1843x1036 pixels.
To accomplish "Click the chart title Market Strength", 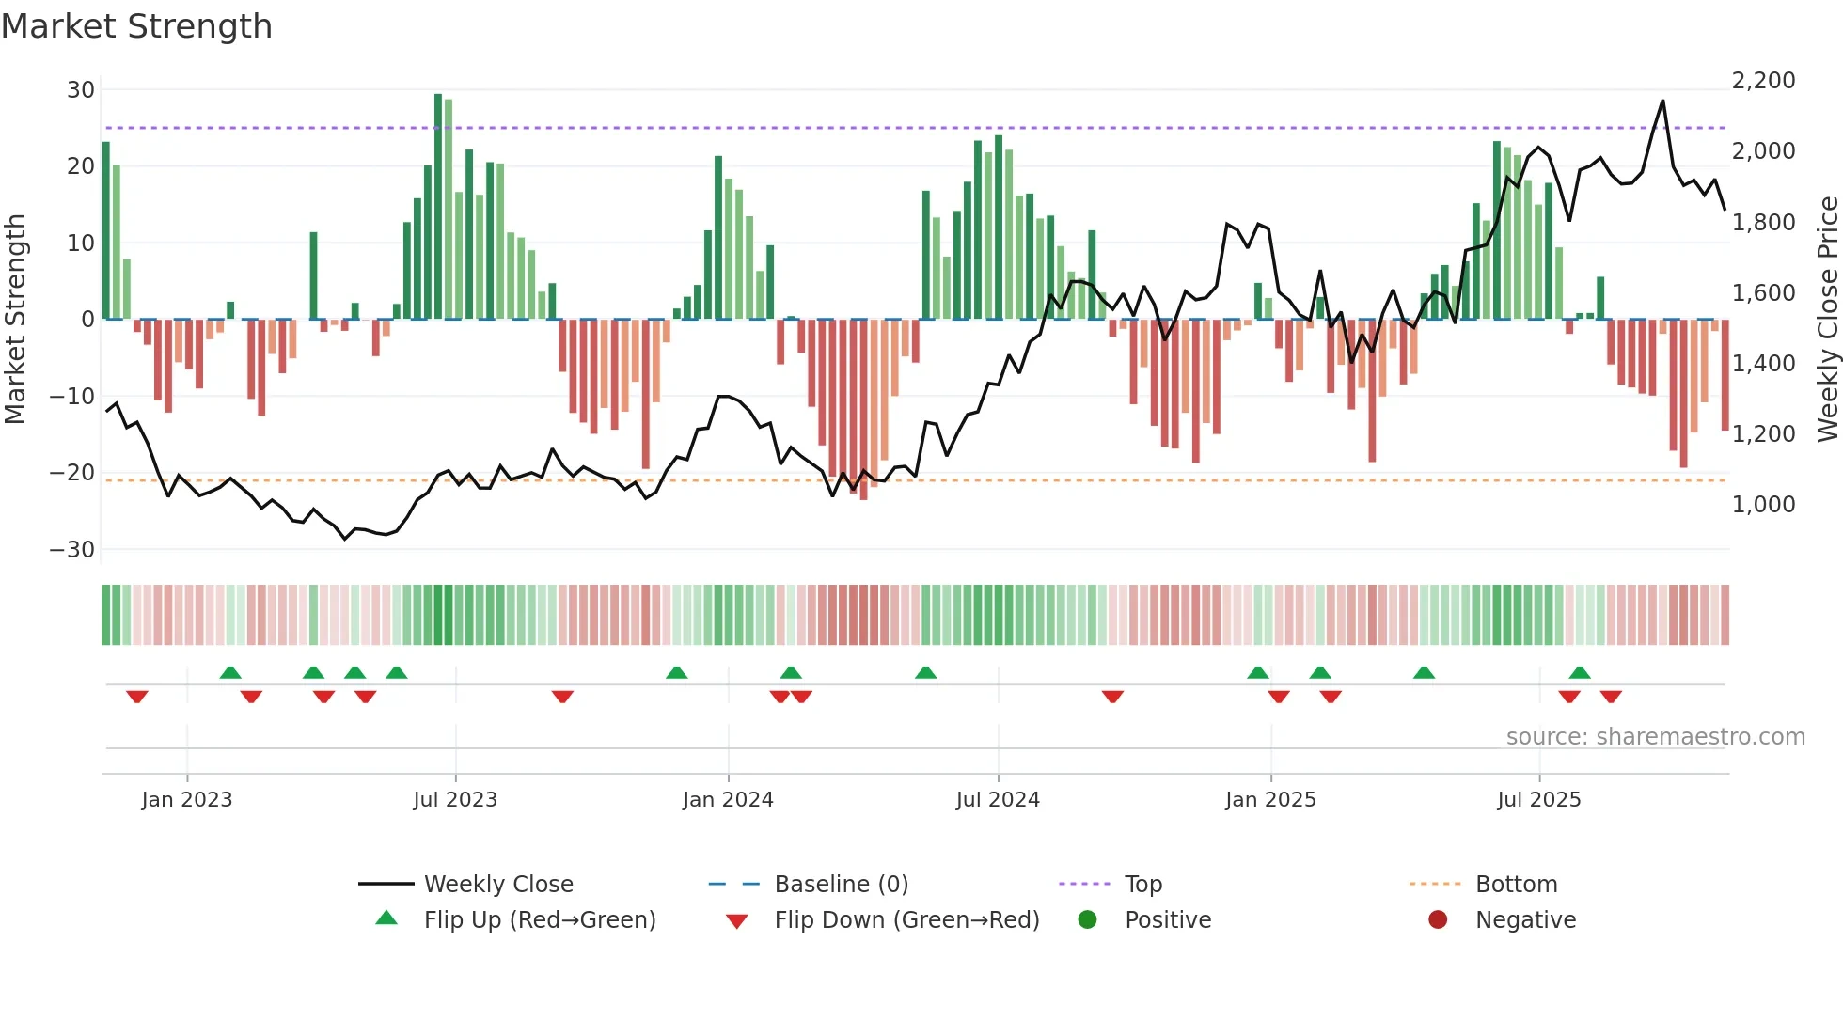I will tap(136, 26).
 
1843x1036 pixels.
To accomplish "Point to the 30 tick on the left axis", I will tap(81, 90).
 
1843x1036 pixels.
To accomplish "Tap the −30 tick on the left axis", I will tap(72, 549).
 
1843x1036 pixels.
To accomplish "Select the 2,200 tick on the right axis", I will tap(1763, 81).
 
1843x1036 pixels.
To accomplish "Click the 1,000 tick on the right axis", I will tap(1763, 505).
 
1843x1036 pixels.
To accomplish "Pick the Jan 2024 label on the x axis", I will tap(728, 800).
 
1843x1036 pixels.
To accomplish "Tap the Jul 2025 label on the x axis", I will tap(1538, 800).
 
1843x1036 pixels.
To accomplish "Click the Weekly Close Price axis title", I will tap(1827, 320).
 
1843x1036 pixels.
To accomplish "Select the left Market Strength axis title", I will tap(16, 320).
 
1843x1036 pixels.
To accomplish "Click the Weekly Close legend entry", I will tap(497, 885).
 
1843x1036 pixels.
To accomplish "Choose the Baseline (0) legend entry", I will tap(841, 885).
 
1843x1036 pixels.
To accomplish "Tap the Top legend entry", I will tap(1142, 885).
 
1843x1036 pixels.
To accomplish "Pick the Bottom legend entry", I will tap(1516, 885).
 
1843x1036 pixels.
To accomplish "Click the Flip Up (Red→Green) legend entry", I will tap(539, 920).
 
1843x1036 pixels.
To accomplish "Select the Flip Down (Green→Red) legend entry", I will tap(906, 920).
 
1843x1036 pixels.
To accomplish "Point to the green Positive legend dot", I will tap(1087, 920).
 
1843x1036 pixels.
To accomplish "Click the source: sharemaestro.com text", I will tap(1655, 737).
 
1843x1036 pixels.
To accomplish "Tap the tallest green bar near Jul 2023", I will tap(438, 207).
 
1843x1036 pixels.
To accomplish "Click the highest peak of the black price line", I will tap(1662, 102).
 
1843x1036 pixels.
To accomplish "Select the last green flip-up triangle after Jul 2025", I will tap(1580, 673).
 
